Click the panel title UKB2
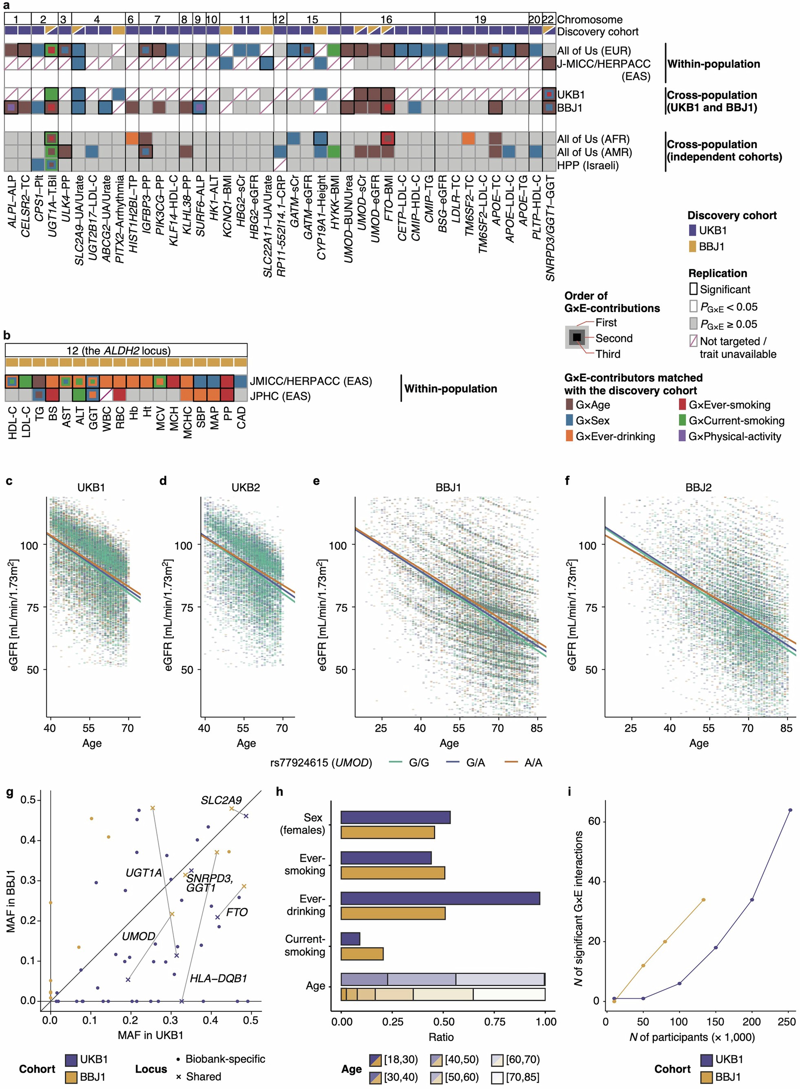(x=245, y=487)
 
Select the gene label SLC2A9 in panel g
(x=221, y=800)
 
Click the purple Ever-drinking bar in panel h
(x=440, y=898)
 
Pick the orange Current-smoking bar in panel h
(x=362, y=954)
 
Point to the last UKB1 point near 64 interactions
(x=790, y=810)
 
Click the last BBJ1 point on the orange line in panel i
(x=703, y=900)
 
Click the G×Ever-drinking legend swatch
(x=570, y=436)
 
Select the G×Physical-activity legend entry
(x=734, y=436)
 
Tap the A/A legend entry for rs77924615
(x=533, y=762)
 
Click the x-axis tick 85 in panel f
(x=786, y=728)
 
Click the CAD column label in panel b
(x=241, y=418)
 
